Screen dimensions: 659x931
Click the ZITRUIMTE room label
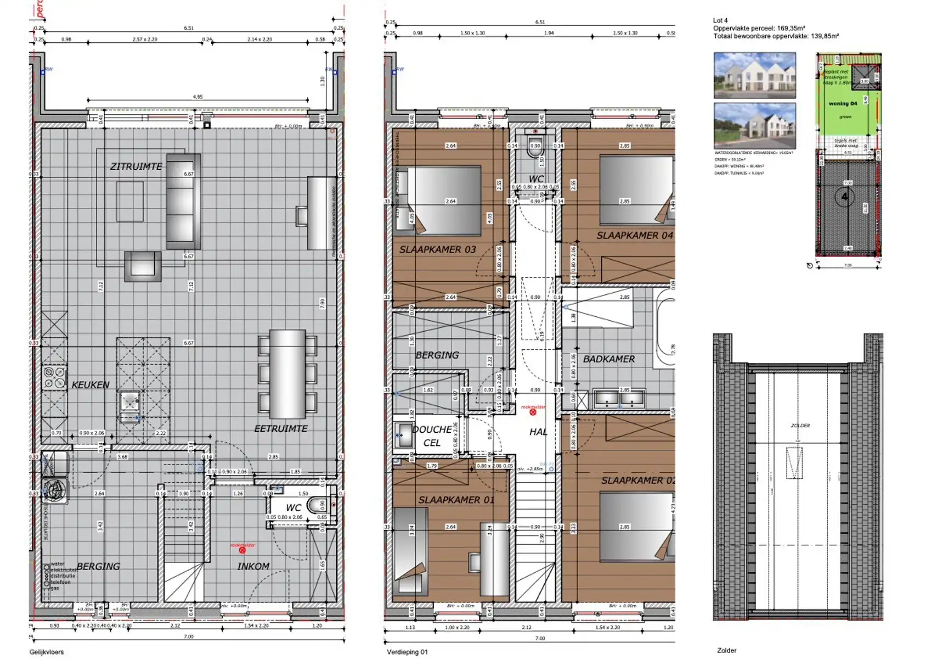136,166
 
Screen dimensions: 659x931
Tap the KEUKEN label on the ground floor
91,385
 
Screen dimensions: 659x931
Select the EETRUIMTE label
281,428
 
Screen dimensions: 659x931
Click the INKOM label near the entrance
253,566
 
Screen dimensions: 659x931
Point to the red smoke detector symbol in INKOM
242,550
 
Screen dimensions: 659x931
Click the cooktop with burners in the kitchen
55,378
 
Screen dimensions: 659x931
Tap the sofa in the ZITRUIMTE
183,200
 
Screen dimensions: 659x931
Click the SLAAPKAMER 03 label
437,249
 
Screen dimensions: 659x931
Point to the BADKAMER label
609,359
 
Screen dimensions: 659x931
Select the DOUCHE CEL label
432,436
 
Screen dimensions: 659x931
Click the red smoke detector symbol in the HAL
533,411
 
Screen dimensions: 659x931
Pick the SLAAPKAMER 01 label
456,500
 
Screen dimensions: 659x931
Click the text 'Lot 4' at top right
720,21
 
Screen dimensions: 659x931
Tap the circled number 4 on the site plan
845,197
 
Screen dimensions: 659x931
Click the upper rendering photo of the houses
754,75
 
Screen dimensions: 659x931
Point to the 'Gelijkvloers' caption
47,652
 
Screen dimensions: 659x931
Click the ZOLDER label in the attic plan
800,426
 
